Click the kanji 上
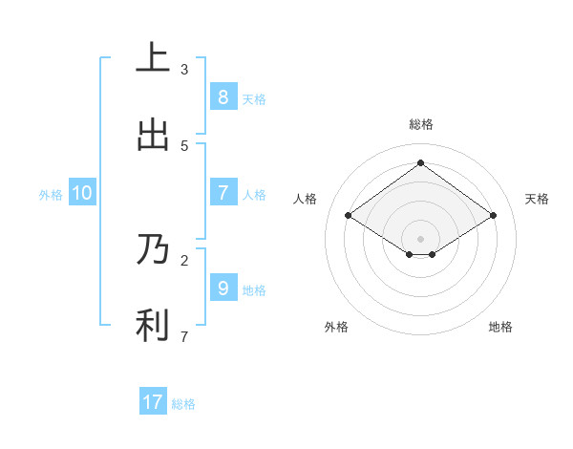153,57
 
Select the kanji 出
153,135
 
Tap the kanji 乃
153,249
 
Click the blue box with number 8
223,97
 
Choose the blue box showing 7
223,193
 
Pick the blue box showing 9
223,288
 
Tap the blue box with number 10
82,193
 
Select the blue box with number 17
153,402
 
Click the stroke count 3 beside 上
184,69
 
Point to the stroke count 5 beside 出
184,145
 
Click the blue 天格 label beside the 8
254,98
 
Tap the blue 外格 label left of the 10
51,194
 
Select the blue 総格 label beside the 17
183,403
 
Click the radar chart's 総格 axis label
420,124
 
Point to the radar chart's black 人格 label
306,199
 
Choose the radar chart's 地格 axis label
500,327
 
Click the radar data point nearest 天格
493,216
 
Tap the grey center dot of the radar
420,238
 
